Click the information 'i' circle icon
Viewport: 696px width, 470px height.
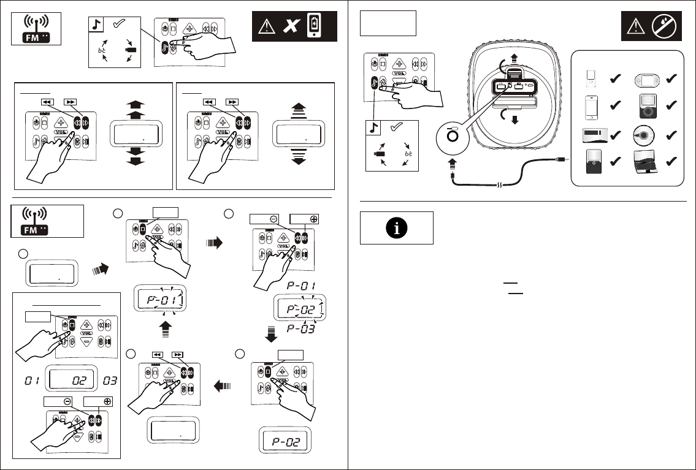397,228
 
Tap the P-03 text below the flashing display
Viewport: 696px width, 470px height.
300,330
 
